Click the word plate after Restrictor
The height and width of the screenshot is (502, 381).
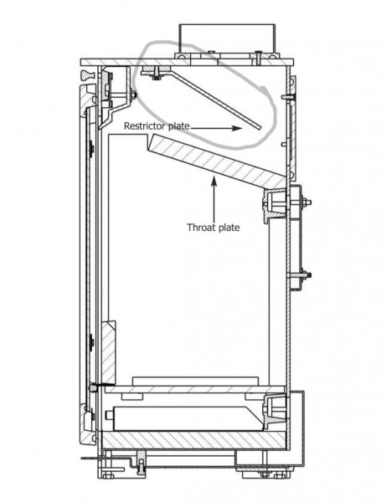click(178, 126)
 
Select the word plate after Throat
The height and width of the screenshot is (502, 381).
click(229, 228)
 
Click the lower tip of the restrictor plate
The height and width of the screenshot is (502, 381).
click(260, 128)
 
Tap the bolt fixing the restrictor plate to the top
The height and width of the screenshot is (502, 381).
click(157, 73)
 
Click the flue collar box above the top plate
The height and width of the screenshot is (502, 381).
click(227, 38)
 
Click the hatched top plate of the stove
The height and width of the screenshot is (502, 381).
click(187, 62)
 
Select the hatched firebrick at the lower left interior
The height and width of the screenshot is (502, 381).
click(108, 352)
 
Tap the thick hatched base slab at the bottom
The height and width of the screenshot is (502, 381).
click(193, 440)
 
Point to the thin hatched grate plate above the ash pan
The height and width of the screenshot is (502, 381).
click(195, 389)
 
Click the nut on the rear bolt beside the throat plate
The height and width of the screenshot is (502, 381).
click(307, 202)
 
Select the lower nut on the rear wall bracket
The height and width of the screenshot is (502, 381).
click(308, 274)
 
